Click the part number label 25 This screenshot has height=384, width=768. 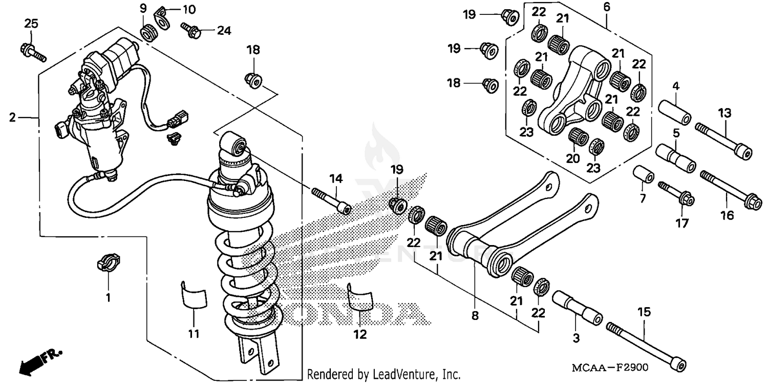[x=31, y=24]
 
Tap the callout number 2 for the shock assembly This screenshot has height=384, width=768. [x=12, y=118]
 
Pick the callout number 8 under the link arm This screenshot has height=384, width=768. [x=475, y=316]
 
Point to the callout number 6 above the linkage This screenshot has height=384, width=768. [x=607, y=7]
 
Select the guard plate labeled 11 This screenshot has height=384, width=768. [x=193, y=297]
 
